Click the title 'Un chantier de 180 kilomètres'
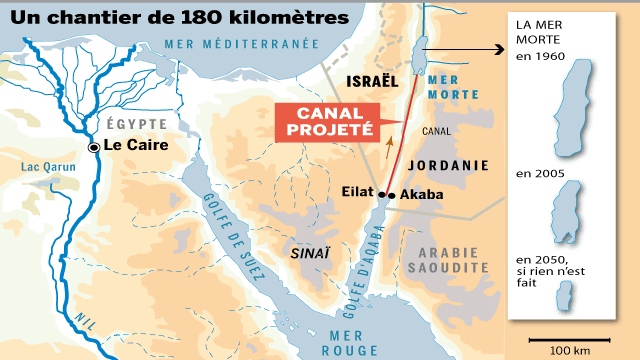(x=180, y=18)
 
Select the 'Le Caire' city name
(x=135, y=145)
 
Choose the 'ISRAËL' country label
(x=371, y=79)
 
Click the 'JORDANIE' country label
(x=454, y=165)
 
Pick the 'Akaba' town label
(x=422, y=195)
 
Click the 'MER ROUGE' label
(x=349, y=341)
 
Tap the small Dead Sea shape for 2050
(x=566, y=297)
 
